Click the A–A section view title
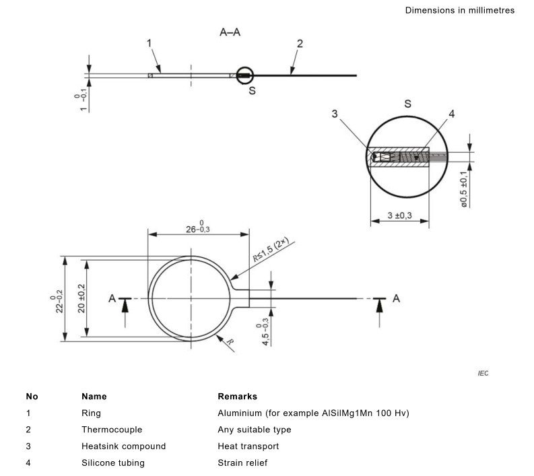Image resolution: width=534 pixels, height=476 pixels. [230, 32]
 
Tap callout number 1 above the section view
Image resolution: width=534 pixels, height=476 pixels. [149, 43]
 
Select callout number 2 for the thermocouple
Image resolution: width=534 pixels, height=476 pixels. [300, 44]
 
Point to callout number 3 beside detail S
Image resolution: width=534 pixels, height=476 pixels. [335, 114]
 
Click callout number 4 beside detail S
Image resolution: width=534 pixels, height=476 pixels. [452, 114]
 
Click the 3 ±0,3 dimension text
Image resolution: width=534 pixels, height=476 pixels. [399, 215]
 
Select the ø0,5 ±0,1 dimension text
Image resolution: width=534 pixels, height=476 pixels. [464, 189]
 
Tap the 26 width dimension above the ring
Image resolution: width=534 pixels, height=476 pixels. [198, 228]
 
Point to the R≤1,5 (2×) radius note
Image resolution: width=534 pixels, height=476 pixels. [271, 249]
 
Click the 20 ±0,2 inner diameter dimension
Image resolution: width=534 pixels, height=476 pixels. [81, 299]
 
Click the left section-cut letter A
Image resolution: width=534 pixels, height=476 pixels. [112, 299]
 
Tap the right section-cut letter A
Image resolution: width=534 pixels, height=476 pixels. [396, 299]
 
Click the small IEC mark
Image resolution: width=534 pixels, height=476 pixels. [483, 374]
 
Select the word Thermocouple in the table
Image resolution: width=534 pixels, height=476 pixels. [112, 430]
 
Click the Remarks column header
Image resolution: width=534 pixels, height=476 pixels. [238, 397]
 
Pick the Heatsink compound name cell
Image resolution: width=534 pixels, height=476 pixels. [124, 446]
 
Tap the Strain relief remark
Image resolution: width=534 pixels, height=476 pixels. [242, 463]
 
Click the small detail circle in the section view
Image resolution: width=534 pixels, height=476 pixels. [244, 67]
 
